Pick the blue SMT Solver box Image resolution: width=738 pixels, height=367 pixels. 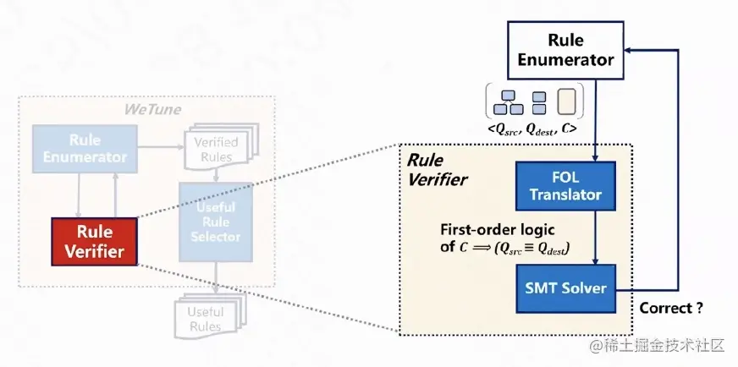[x=565, y=288]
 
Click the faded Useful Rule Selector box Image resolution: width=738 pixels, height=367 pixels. [x=217, y=221]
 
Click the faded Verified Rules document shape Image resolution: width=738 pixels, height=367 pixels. [x=216, y=150]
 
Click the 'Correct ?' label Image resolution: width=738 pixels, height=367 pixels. [x=670, y=309]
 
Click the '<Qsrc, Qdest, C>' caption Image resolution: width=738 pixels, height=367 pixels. [x=532, y=129]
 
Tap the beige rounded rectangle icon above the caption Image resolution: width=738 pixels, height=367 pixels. [x=565, y=101]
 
